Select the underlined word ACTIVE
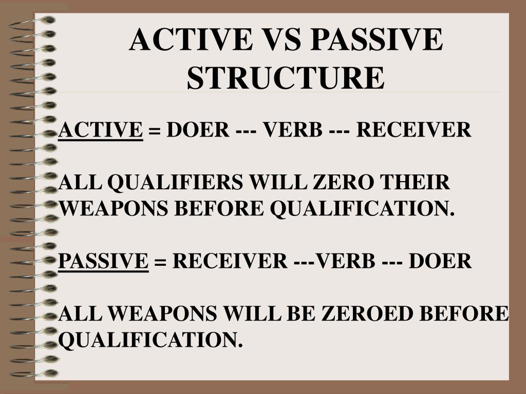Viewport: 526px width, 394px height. [x=101, y=130]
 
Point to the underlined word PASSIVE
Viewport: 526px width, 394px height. [x=104, y=261]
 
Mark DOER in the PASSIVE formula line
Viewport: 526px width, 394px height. [x=440, y=261]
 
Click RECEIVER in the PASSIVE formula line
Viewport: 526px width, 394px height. [x=230, y=261]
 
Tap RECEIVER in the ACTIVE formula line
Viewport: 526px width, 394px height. [x=414, y=130]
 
